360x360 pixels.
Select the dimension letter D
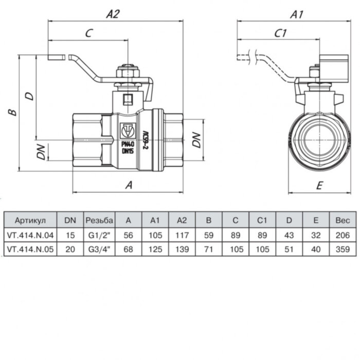(x=30, y=95)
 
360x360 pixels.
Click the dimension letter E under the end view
(x=320, y=186)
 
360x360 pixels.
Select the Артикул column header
(x=30, y=220)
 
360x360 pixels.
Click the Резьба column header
(x=99, y=220)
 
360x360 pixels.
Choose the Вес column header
(x=342, y=220)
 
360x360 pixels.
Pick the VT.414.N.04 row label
(x=30, y=235)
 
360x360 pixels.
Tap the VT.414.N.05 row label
(x=30, y=249)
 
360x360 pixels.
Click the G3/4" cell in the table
(x=99, y=249)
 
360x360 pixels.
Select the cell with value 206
(x=342, y=235)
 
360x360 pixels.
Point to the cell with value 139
(x=182, y=249)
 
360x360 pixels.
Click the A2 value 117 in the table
(x=182, y=235)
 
